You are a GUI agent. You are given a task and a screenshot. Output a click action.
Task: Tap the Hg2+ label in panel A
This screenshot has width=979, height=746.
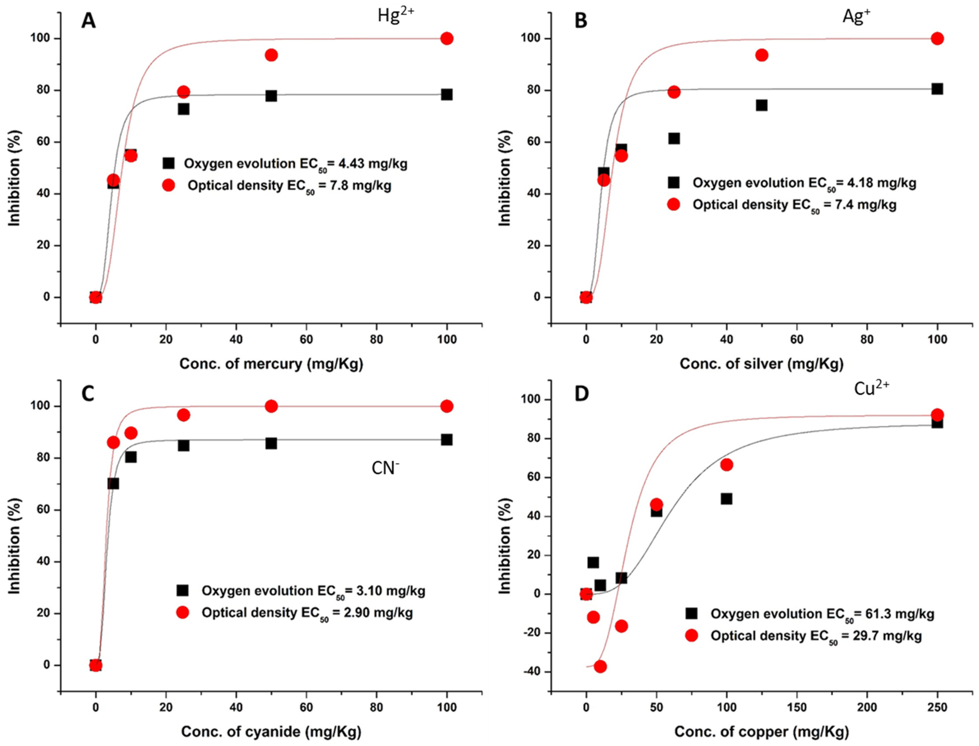(396, 16)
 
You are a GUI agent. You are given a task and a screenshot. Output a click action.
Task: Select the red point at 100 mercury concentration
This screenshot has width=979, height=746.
(447, 39)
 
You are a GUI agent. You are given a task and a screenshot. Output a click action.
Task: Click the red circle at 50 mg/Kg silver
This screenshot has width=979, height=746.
(761, 55)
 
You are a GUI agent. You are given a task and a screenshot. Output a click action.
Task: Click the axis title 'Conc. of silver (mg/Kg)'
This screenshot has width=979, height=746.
(761, 364)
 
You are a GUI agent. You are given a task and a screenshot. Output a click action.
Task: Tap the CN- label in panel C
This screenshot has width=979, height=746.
(385, 468)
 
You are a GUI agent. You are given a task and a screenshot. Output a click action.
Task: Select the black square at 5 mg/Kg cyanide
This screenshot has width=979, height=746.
(113, 484)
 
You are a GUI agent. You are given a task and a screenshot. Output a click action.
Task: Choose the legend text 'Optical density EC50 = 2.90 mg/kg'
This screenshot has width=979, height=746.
(307, 613)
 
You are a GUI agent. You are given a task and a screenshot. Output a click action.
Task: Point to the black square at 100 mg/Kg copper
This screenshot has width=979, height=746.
(726, 499)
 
